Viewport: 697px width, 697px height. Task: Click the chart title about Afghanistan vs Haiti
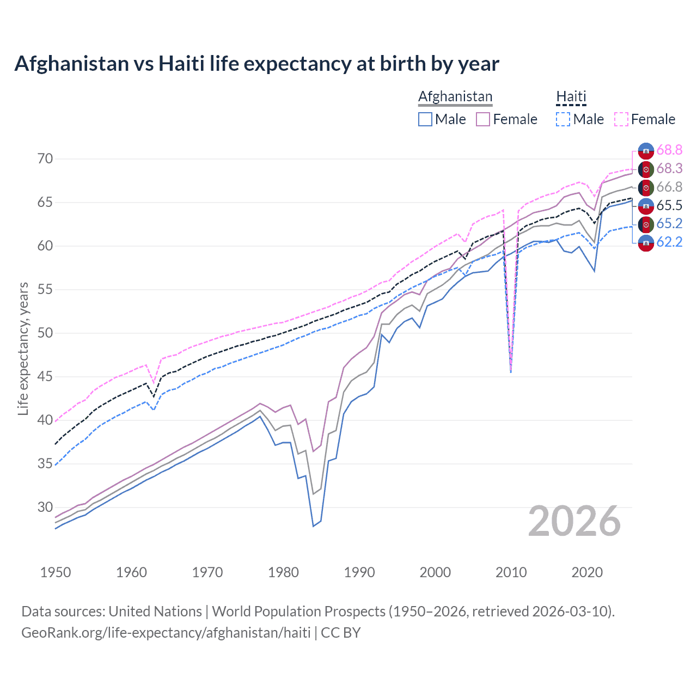tap(256, 64)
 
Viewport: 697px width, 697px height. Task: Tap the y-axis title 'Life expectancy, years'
tap(23, 348)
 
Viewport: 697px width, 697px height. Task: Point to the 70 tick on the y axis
tap(45, 159)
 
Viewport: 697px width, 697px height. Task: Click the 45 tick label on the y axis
tap(45, 377)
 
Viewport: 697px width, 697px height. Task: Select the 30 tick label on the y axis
tap(45, 508)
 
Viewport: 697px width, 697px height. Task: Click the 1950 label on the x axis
tap(56, 572)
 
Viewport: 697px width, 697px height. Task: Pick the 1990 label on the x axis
tap(359, 572)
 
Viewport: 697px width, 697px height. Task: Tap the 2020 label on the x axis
tap(587, 572)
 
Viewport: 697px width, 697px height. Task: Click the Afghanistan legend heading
tap(455, 96)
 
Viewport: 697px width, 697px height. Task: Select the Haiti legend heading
tap(571, 96)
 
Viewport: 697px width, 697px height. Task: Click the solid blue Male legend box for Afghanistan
tap(425, 119)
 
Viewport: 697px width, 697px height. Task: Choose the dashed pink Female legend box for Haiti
tap(621, 119)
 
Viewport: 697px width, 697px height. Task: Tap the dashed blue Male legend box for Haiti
tap(563, 119)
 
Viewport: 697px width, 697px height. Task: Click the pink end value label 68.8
tap(669, 150)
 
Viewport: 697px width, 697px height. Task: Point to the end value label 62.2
tap(669, 242)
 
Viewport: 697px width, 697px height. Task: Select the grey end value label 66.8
tap(669, 187)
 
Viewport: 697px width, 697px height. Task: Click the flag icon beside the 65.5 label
tap(646, 205)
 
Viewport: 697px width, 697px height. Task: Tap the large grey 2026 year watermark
tap(574, 521)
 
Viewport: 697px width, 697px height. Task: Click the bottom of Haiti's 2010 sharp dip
tap(511, 371)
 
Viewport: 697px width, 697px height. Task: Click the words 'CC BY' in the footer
tap(341, 633)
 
